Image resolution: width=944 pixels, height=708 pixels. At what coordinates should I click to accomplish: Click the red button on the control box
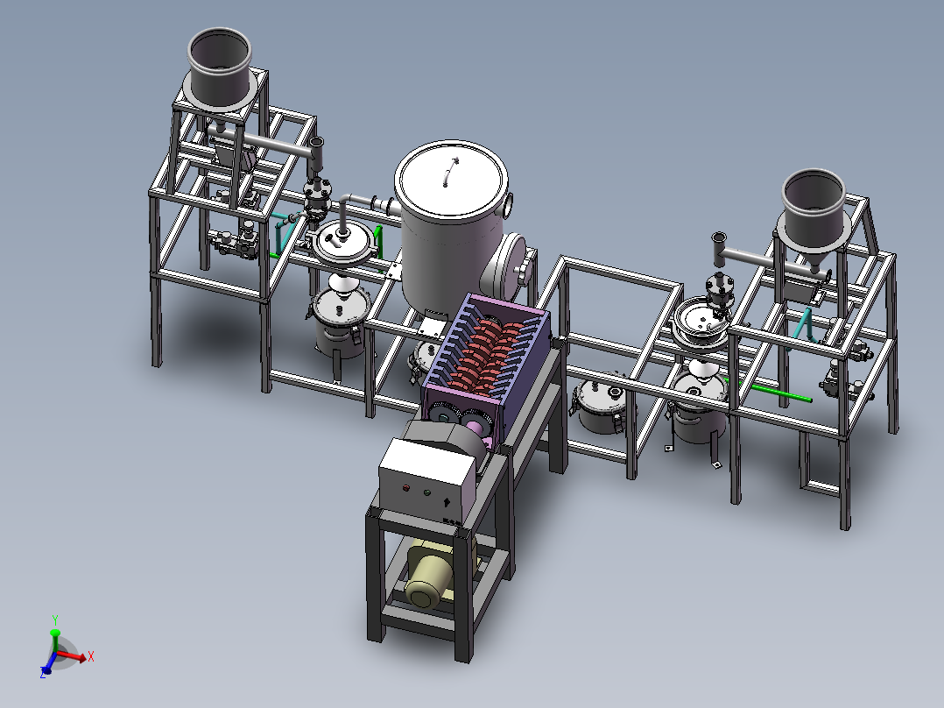point(405,487)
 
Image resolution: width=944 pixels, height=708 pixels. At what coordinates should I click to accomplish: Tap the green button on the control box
point(426,493)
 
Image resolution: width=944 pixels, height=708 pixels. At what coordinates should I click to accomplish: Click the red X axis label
point(91,656)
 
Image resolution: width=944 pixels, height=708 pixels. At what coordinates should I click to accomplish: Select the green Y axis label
point(55,620)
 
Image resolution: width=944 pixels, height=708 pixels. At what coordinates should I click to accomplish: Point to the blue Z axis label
point(43,673)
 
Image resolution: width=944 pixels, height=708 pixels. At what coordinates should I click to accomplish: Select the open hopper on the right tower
point(814,211)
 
